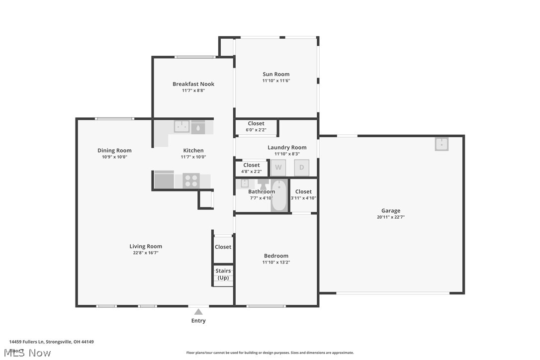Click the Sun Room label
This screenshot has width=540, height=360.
coord(276,74)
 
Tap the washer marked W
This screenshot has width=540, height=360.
coord(278,168)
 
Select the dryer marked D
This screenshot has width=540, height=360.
coord(301,168)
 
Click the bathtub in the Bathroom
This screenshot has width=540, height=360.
coord(279,195)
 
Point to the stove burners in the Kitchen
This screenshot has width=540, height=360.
coord(191,180)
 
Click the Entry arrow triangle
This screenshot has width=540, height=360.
coord(198,312)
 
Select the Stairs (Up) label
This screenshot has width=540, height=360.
coord(223,274)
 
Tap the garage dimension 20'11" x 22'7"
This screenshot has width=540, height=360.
coord(391,217)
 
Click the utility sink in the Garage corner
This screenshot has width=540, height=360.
coord(442,144)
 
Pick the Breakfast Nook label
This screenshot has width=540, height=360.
coord(193,84)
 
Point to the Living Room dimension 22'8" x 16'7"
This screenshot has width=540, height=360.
coord(145,253)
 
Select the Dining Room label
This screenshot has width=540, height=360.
coord(114,150)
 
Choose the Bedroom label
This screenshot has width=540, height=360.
coord(276,256)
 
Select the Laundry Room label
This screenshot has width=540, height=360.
coord(287,147)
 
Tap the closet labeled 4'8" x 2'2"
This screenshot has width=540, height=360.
coord(251,168)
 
